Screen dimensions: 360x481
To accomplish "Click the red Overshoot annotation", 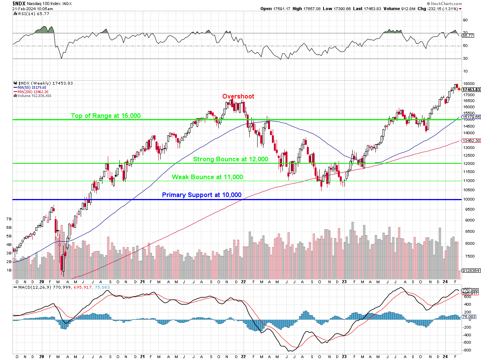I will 238,96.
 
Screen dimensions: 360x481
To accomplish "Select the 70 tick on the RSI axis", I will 465,33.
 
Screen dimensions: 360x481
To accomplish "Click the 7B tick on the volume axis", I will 9,219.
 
